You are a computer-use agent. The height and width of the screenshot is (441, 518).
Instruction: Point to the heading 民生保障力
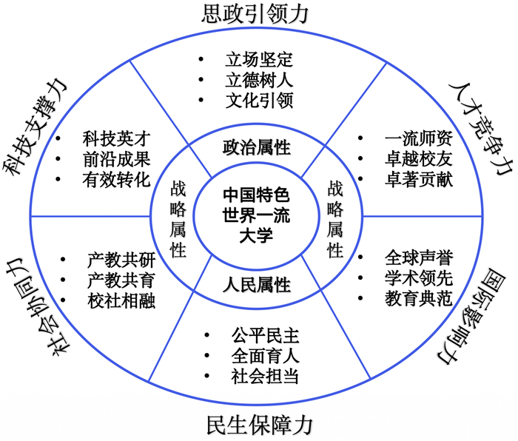258,425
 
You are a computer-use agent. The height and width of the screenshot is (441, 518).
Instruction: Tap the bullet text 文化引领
259,100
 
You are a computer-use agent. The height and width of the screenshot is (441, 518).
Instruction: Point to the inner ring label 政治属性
256,147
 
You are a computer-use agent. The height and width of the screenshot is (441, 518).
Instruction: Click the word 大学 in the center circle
257,236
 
